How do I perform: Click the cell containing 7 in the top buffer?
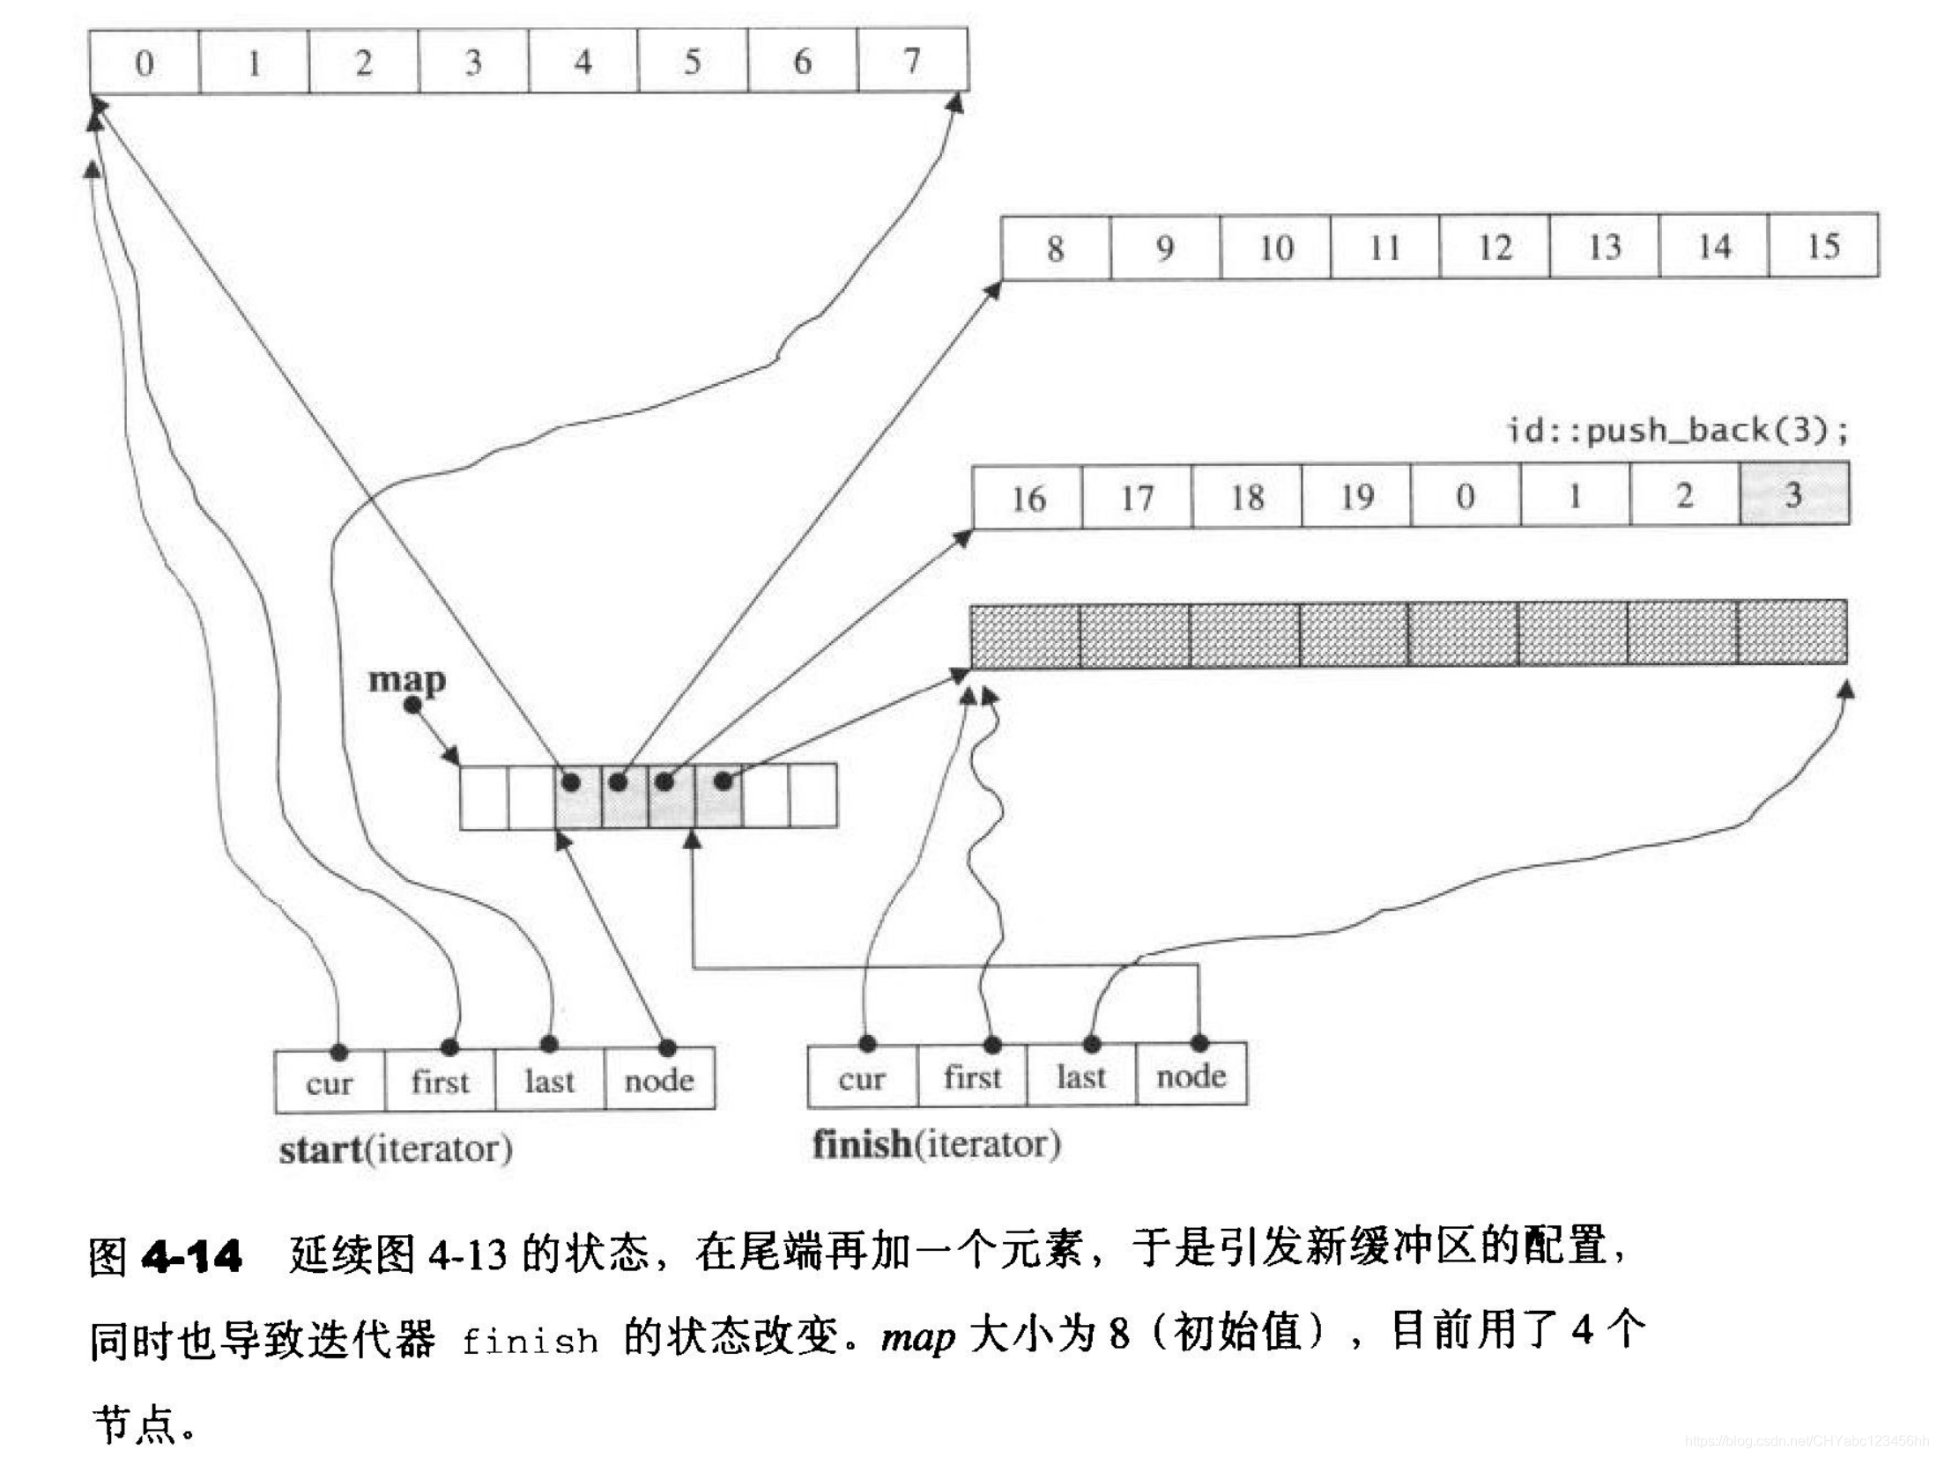[912, 60]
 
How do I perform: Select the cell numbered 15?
[1822, 246]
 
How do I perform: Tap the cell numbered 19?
[1355, 497]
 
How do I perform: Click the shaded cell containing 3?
[1793, 494]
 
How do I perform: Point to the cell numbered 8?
[1056, 248]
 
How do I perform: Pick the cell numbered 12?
[1494, 247]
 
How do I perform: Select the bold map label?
[406, 679]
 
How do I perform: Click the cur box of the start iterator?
[330, 1081]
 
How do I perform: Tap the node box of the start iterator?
[659, 1079]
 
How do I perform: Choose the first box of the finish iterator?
[972, 1076]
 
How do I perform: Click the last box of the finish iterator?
[1080, 1076]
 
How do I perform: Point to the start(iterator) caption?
[396, 1149]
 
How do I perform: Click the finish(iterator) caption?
[936, 1144]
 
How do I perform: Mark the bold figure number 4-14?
[191, 1255]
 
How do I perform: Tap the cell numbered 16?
[1028, 499]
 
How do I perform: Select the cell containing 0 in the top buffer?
[145, 63]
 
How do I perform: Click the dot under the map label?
[412, 705]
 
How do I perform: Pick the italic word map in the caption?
[917, 1337]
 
